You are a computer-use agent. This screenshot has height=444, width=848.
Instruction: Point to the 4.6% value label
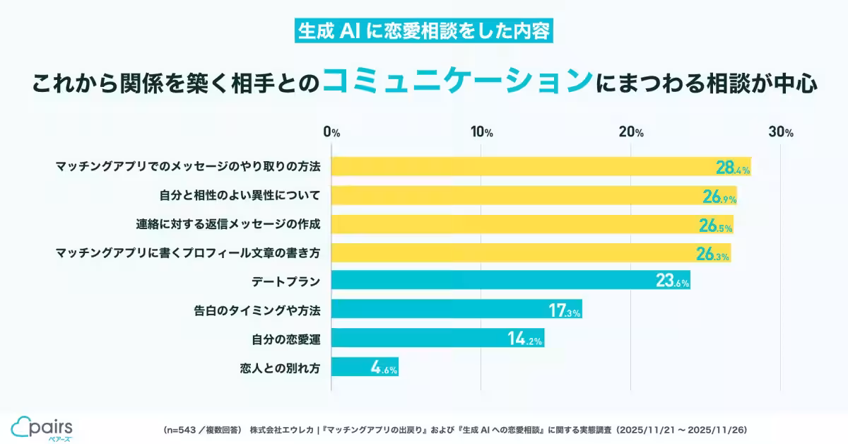384,367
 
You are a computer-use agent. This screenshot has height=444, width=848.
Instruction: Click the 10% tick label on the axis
482,132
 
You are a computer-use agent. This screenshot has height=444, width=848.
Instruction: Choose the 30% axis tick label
782,132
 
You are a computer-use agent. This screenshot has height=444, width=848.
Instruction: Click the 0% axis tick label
331,132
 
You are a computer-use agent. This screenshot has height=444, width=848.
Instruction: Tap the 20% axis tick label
631,132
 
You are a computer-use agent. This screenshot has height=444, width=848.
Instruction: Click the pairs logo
42,428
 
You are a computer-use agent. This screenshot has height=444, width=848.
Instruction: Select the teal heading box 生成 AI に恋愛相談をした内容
423,33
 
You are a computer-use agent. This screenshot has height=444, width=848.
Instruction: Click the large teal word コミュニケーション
456,82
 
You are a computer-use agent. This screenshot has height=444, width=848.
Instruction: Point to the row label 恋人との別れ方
281,368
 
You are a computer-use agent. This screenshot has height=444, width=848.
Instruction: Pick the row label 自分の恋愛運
286,339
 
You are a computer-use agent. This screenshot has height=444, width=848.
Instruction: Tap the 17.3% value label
565,310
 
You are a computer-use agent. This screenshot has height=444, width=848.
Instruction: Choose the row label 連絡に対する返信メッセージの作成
228,225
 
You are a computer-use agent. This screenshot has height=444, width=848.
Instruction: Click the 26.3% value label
712,253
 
